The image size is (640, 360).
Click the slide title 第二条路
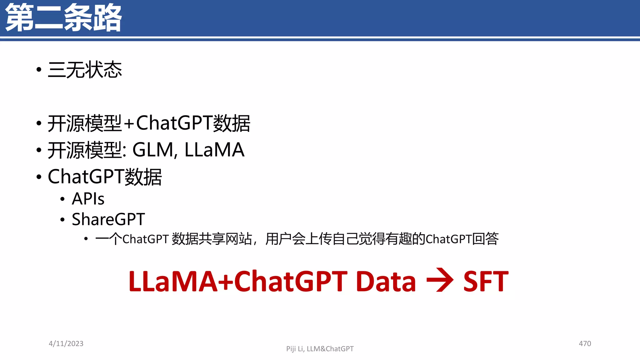pos(63,18)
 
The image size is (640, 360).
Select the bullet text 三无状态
pos(85,70)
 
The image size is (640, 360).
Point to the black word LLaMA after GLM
pos(214,150)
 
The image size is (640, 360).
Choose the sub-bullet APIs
pos(88,199)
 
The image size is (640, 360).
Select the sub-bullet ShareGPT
pos(108,219)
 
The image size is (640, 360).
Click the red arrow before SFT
pos(440,280)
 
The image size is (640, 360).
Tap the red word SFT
pos(486,282)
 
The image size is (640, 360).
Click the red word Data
pos(386,282)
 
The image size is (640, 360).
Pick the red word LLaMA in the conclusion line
pos(173,282)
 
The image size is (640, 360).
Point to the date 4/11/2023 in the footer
pos(66,344)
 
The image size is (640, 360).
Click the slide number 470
pos(585,344)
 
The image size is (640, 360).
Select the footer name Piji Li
pos(295,349)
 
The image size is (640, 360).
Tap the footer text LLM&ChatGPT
pos(330,349)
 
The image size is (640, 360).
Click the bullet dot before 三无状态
pos(39,69)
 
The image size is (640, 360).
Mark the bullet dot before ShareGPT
pos(62,220)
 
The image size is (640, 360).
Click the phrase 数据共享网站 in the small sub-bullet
pos(212,239)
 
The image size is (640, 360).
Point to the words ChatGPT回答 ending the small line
pos(462,239)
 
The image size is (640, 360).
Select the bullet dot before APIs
pos(62,199)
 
